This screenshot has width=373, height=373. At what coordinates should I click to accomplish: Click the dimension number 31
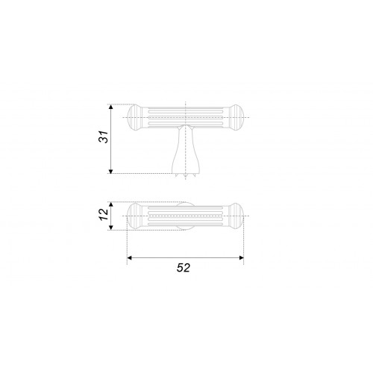[104, 137]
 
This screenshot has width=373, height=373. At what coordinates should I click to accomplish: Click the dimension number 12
[104, 214]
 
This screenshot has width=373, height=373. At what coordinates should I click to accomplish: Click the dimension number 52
[184, 268]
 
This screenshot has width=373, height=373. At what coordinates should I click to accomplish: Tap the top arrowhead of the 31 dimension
[111, 107]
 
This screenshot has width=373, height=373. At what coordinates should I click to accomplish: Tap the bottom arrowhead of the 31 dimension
[111, 171]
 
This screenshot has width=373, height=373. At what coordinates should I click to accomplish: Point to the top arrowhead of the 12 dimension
[111, 204]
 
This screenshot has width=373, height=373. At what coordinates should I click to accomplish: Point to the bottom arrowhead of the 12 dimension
[111, 228]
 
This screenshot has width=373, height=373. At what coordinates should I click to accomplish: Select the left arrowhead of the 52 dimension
[129, 257]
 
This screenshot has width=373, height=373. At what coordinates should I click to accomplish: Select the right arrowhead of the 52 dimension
[241, 257]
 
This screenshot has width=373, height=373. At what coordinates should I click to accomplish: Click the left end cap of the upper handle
[135, 117]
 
